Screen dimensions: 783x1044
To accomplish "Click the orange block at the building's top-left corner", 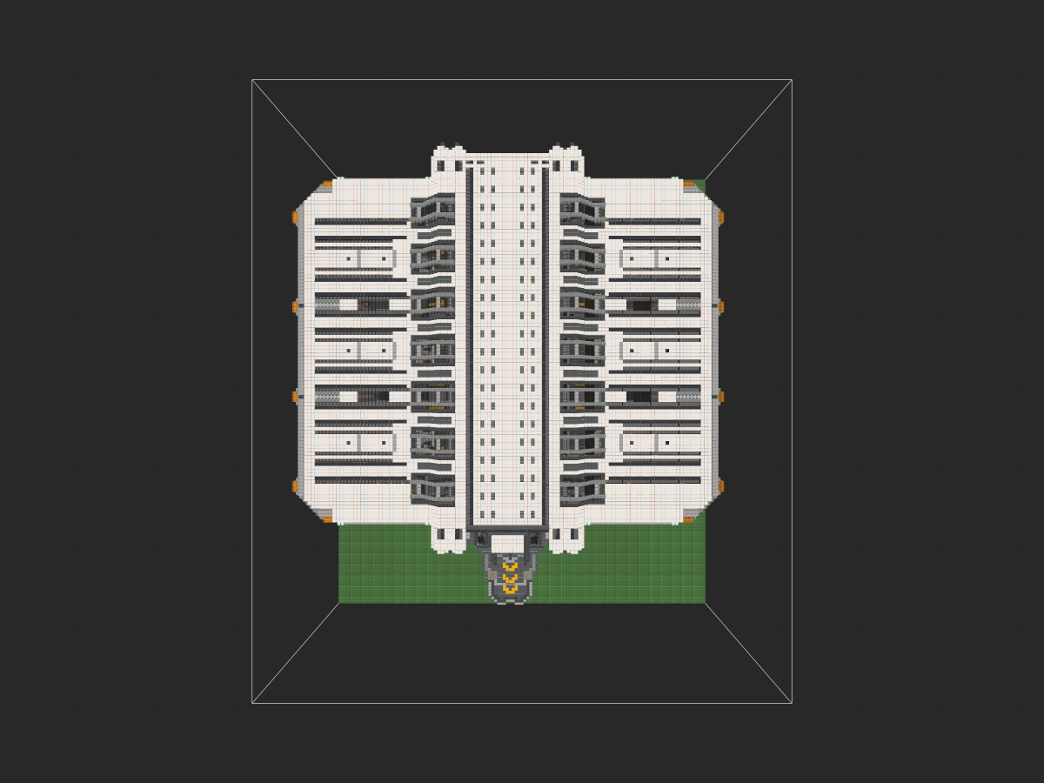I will tap(327, 184).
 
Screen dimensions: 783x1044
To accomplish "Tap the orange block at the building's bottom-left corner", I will tap(327, 519).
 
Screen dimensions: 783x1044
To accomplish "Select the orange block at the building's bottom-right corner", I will tap(689, 519).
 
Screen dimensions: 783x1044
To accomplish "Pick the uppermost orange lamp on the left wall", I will tap(296, 217).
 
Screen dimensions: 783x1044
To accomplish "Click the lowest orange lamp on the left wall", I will tap(296, 486).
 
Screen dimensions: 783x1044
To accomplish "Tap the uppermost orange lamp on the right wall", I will tap(720, 217).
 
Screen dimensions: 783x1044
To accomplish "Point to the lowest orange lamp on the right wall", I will tap(720, 486).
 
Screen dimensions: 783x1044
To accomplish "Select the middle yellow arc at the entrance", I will tap(510, 578).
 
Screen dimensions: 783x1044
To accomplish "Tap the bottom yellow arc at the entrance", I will tap(510, 589).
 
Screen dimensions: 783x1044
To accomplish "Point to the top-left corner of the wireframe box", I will tap(252, 80).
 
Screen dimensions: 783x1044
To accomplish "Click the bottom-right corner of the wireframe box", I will tap(792, 703).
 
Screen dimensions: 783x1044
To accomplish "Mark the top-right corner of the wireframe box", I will tap(792, 80).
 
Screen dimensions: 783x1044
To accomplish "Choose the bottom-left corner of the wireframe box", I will tap(252, 703).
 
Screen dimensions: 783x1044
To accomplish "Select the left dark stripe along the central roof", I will tap(470, 348).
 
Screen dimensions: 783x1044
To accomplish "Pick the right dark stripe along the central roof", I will tap(546, 348).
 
